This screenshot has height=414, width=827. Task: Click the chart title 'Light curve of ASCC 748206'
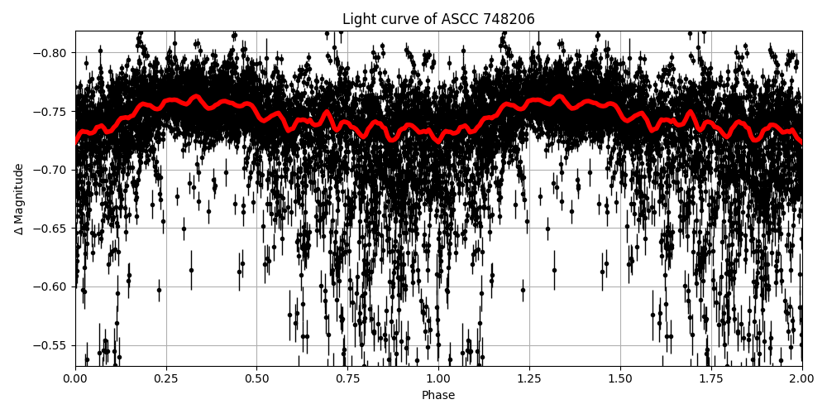(x=438, y=19)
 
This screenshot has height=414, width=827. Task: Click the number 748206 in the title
(x=511, y=19)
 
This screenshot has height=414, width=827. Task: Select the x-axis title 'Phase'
(x=438, y=396)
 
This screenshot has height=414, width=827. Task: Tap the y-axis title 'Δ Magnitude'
(x=19, y=199)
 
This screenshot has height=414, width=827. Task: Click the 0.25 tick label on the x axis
(x=166, y=378)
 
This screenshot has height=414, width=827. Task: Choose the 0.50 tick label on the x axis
(x=257, y=378)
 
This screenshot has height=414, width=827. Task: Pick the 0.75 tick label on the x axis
(x=347, y=378)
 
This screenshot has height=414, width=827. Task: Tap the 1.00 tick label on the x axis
(x=438, y=378)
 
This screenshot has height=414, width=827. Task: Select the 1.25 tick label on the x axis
(x=529, y=378)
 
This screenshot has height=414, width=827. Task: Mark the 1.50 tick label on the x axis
(x=620, y=378)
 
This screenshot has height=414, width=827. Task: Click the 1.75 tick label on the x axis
(x=711, y=378)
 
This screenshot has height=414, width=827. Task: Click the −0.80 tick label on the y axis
(x=51, y=53)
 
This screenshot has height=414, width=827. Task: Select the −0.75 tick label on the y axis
(x=51, y=112)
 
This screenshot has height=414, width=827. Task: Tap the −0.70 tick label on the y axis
(x=51, y=170)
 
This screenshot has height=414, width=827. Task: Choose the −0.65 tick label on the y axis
(x=51, y=229)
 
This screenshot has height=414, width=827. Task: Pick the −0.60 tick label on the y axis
(x=51, y=287)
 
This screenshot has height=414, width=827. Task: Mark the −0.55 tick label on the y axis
(x=51, y=345)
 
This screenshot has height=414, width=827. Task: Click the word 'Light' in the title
(x=357, y=19)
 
